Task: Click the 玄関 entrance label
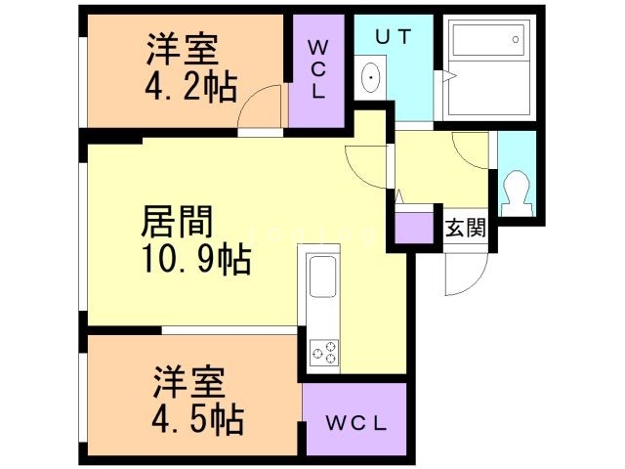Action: coord(466,230)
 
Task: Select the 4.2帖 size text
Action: coord(192,88)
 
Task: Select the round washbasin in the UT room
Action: coord(371,78)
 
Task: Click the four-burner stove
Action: coord(324,352)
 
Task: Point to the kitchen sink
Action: coord(323,278)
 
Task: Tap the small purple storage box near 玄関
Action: coord(414,228)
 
